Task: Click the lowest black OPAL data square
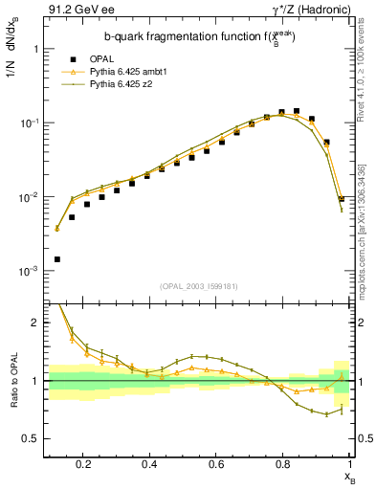click(x=57, y=259)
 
